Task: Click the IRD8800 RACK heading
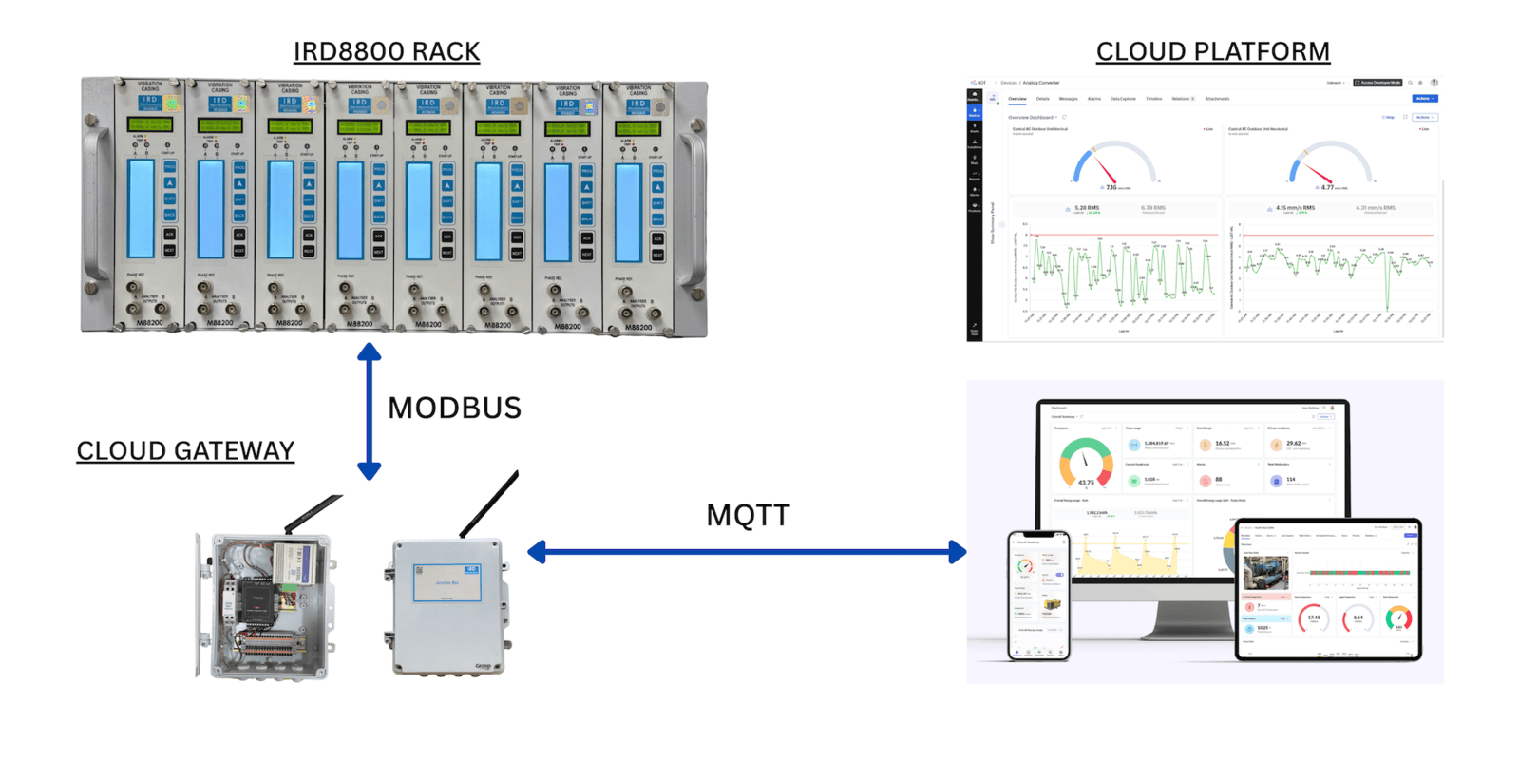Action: (x=386, y=51)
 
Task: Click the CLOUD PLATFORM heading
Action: (x=1212, y=51)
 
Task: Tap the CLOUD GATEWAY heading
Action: (x=185, y=450)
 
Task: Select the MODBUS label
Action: (x=454, y=408)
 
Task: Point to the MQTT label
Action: (x=748, y=515)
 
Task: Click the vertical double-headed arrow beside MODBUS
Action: (x=370, y=410)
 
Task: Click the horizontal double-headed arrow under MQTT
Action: (x=747, y=552)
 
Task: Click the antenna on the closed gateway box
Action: (x=489, y=503)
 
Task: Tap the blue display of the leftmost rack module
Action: (x=142, y=209)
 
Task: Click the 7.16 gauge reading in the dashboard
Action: (x=1111, y=187)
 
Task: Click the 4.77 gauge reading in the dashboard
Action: (x=1326, y=187)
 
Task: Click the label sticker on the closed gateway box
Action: (x=446, y=582)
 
